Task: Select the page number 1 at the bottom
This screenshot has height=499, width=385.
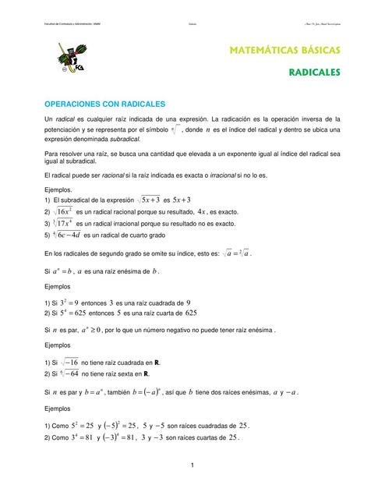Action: coord(192,465)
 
